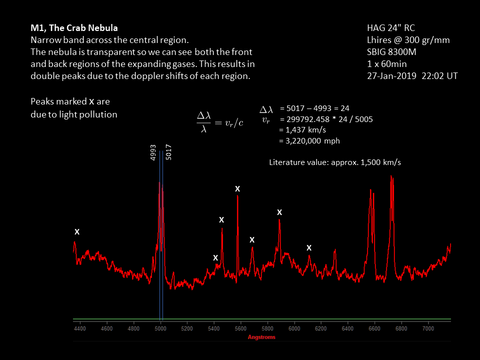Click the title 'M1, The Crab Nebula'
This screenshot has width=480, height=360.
pos(74,27)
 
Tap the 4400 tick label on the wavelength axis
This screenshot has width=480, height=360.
pos(80,329)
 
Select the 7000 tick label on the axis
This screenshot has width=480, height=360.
pos(428,329)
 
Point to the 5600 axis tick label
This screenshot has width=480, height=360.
pos(240,329)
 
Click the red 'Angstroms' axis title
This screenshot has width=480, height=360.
pos(261,337)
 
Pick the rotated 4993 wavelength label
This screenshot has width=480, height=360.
pos(153,152)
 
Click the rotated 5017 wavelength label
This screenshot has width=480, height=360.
pos(168,152)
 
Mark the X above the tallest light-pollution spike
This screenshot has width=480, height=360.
pos(237,188)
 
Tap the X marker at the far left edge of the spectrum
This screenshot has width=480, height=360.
pos(77,232)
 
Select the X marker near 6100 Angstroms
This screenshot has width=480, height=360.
pos(309,248)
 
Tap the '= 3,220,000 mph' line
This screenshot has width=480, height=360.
pos(309,140)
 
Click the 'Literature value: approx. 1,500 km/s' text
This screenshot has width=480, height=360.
pos(335,162)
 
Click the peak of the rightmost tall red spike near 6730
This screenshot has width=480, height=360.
pos(391,176)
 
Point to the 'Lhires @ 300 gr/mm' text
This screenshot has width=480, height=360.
pos(408,39)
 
